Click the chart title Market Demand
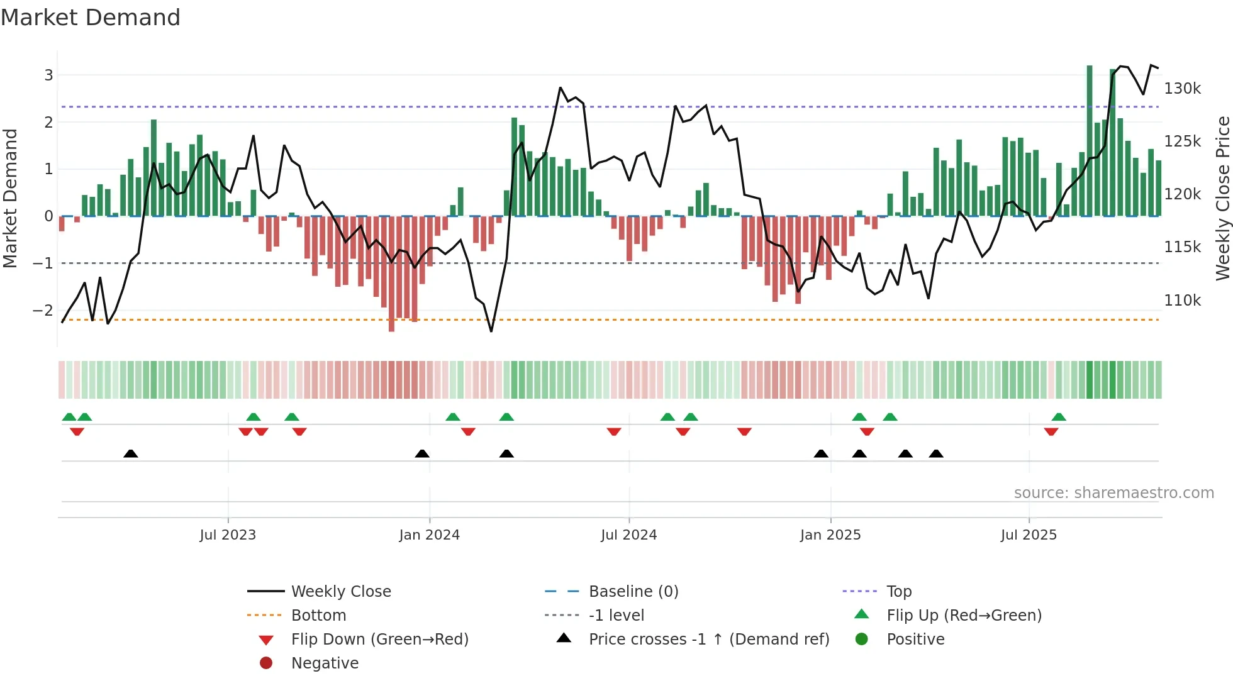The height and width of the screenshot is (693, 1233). click(x=91, y=18)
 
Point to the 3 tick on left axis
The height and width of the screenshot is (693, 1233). click(x=48, y=75)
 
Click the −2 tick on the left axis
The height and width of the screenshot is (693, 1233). click(x=43, y=310)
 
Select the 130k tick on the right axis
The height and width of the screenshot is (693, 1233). click(x=1182, y=89)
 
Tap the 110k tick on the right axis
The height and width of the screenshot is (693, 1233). click(x=1182, y=301)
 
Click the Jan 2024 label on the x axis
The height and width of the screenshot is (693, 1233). click(x=429, y=535)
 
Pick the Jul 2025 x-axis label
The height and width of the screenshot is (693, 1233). click(x=1029, y=535)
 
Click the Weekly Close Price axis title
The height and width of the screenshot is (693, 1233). click(x=1222, y=198)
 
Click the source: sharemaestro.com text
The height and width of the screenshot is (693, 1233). click(x=1113, y=493)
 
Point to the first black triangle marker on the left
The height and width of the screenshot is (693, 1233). click(x=131, y=453)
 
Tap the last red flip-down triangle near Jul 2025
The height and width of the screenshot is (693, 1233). click(x=1051, y=431)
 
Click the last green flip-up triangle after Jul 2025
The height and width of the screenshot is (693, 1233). click(x=1059, y=417)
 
